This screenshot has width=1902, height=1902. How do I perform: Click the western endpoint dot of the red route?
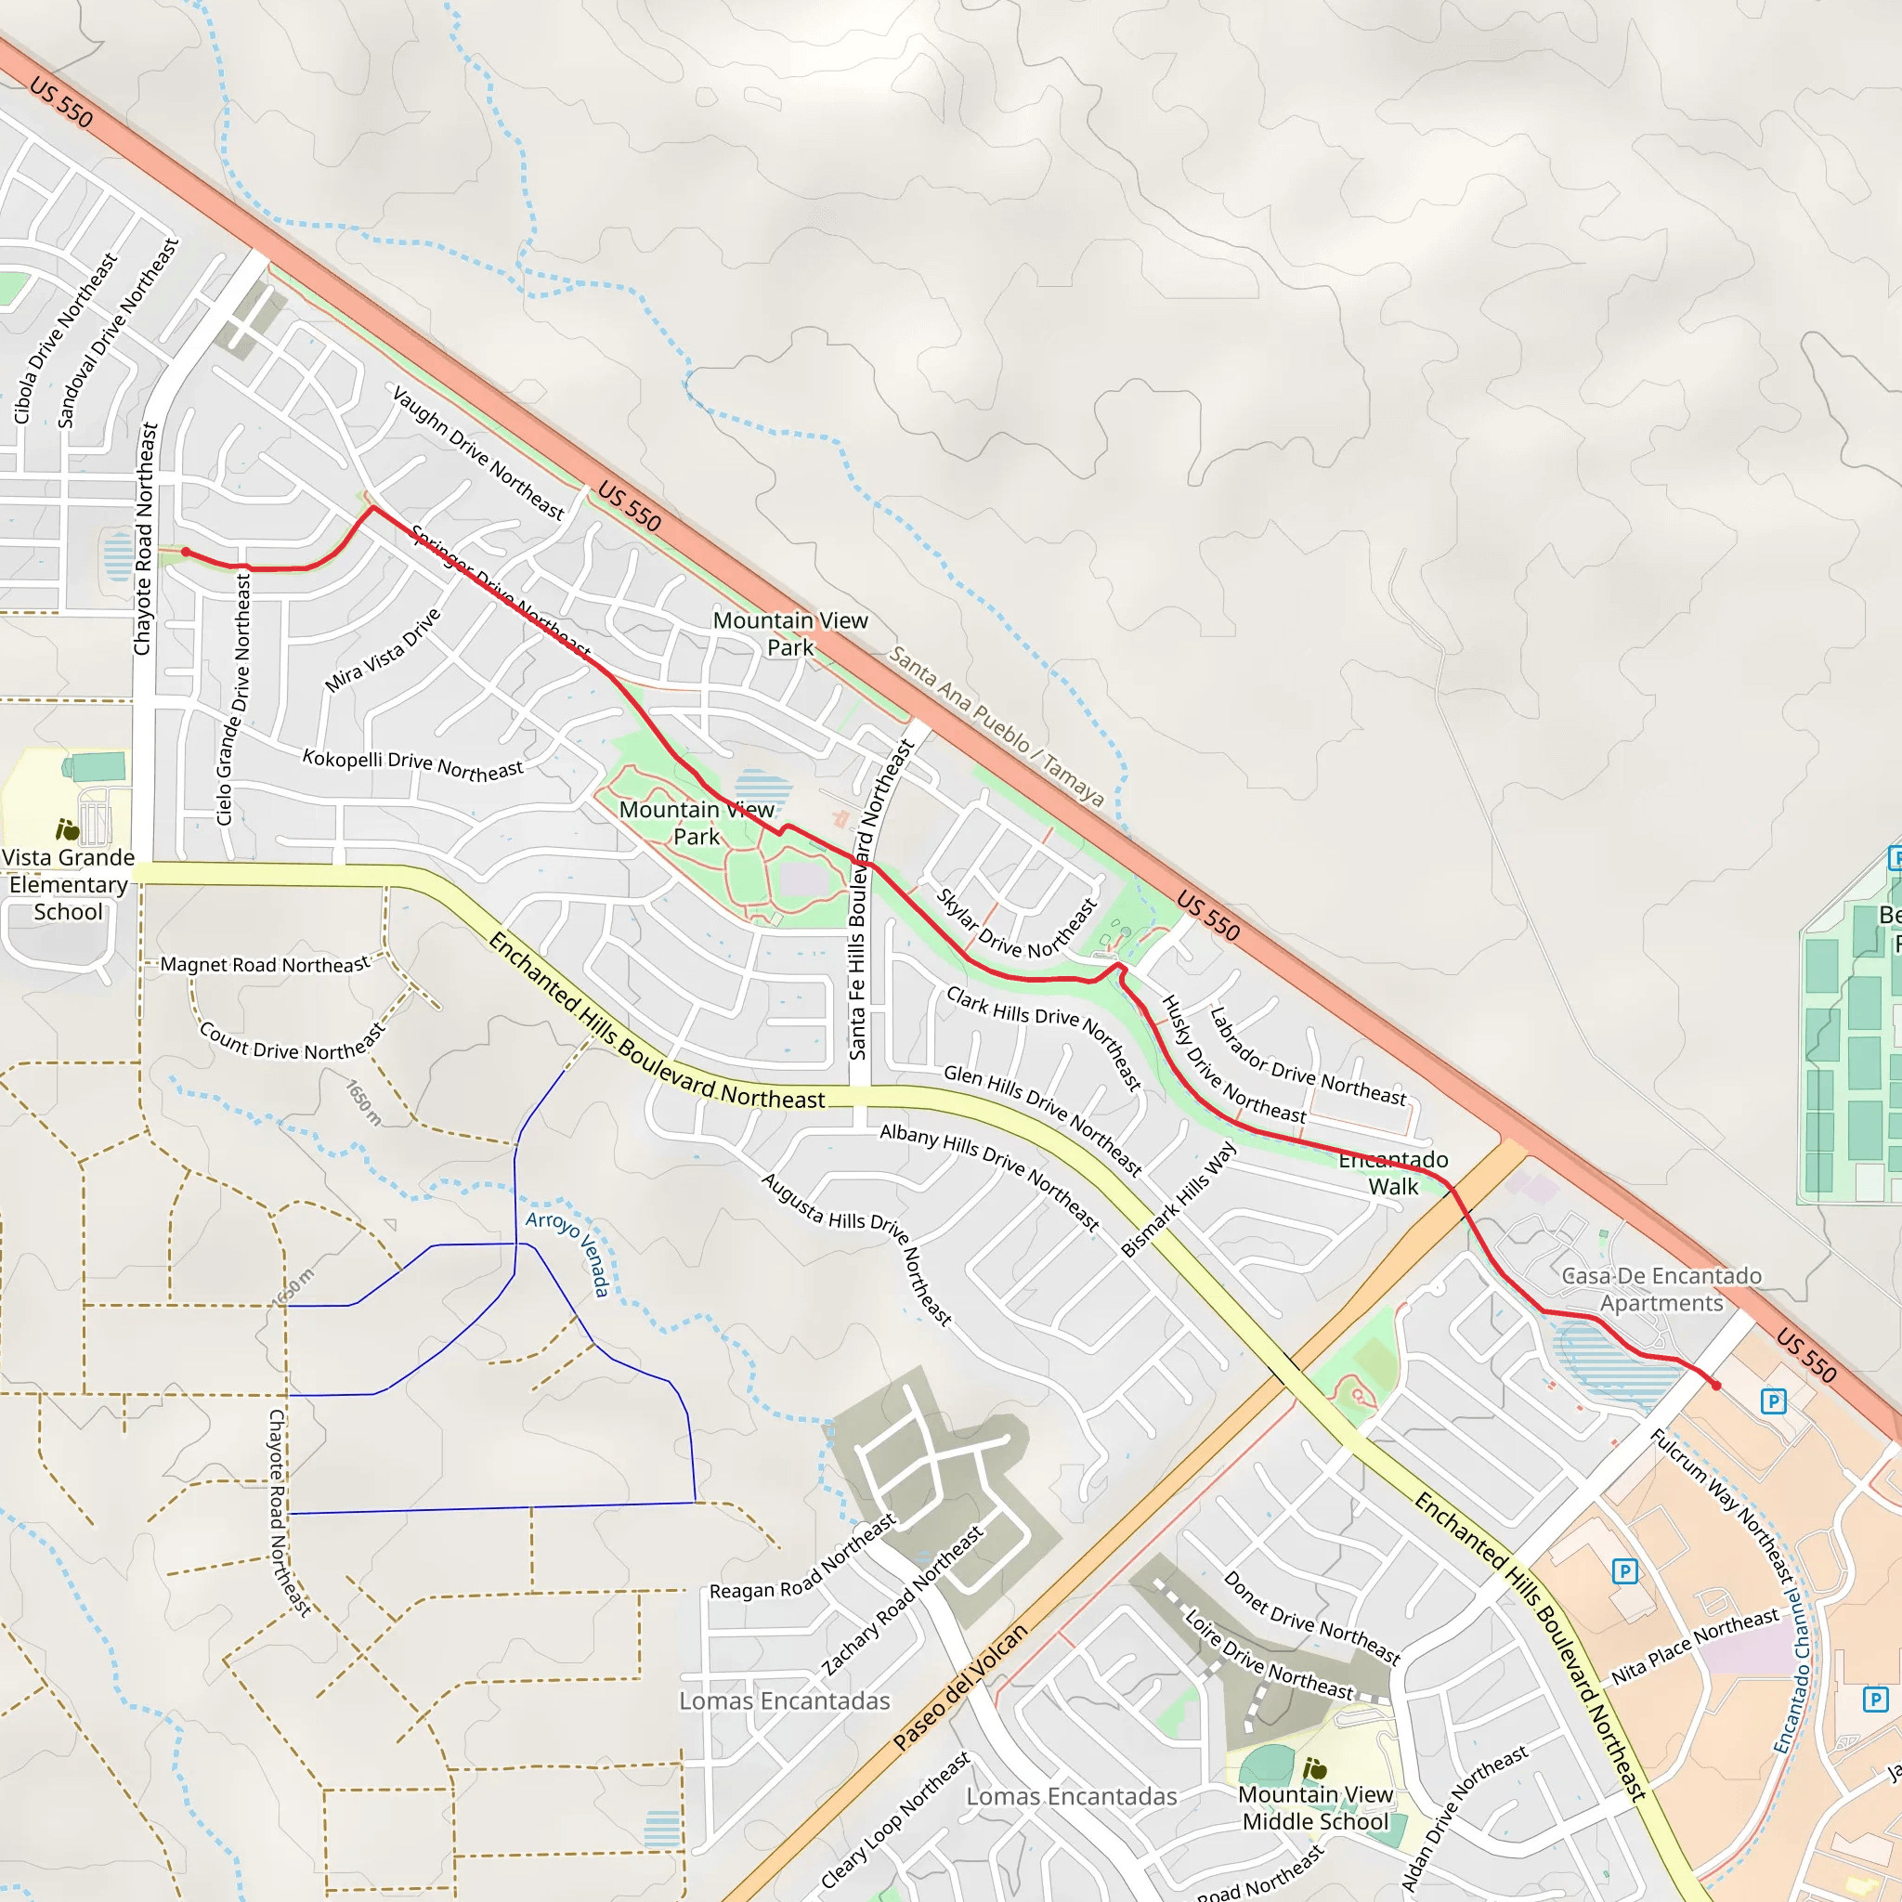pos(186,553)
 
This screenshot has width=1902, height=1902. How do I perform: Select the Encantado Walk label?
pos(1393,1174)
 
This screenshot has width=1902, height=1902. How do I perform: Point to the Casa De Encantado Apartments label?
pos(1661,1289)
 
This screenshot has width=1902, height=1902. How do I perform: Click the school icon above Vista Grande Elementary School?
pos(67,830)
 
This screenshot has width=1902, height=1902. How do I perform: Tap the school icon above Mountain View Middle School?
pos(1314,1770)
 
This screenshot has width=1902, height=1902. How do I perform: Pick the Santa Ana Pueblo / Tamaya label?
pos(997,725)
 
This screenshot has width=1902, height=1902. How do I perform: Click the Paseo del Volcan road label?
pos(960,1687)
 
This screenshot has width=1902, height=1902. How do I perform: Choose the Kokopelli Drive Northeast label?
pos(412,765)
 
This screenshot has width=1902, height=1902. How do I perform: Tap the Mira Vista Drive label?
pos(383,651)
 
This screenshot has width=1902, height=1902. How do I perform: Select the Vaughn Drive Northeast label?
pos(478,453)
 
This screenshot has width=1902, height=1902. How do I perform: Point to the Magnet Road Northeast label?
pos(265,965)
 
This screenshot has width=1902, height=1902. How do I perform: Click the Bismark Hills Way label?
pos(1178,1198)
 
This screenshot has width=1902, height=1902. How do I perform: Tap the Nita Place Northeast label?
pos(1695,1646)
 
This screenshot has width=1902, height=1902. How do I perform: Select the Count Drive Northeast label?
pos(293,1042)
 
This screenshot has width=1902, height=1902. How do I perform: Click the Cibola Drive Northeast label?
pos(65,338)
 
